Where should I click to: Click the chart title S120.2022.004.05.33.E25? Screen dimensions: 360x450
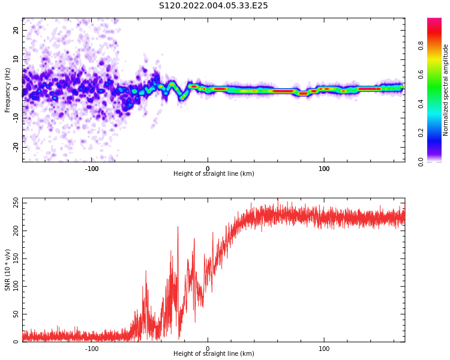(x=213, y=6)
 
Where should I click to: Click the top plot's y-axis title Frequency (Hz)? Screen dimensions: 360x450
(x=8, y=90)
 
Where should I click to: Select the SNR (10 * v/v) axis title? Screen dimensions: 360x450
(x=8, y=270)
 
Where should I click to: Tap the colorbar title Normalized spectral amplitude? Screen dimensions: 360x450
(x=446, y=90)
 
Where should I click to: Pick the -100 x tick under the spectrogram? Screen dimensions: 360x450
(x=92, y=169)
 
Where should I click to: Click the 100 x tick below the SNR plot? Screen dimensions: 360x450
(x=324, y=349)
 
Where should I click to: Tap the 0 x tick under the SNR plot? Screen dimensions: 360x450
(x=208, y=349)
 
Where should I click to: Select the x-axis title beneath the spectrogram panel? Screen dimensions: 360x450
(x=214, y=174)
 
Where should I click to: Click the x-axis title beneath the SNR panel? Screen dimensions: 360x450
(x=214, y=354)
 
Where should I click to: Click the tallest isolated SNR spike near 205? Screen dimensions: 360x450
(x=178, y=227)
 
